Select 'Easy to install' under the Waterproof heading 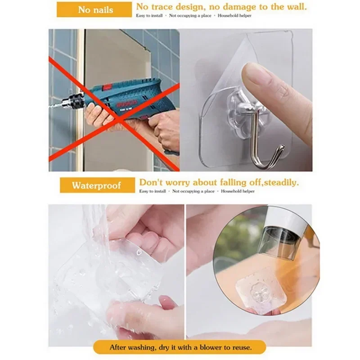153,191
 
